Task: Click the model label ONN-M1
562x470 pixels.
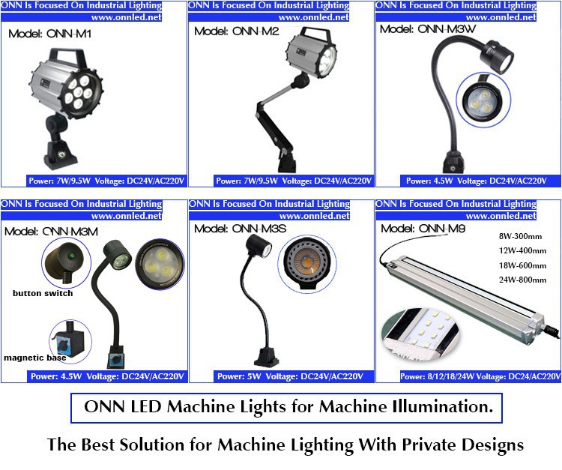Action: tap(49, 34)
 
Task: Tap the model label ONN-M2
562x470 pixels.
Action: tap(237, 31)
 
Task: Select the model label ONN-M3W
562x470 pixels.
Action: tap(428, 28)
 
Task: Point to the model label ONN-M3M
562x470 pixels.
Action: tap(51, 231)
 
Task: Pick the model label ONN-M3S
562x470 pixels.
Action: tap(240, 229)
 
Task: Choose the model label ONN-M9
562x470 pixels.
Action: tap(423, 229)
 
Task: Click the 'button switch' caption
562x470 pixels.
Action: tap(43, 293)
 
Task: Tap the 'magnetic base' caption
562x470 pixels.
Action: tap(34, 358)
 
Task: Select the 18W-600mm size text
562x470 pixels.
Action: tap(522, 265)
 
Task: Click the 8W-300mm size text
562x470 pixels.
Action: tap(520, 236)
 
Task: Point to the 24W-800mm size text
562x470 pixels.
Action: tap(522, 280)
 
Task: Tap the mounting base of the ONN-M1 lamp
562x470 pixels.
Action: tap(61, 155)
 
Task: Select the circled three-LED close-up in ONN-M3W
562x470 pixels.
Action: tap(483, 100)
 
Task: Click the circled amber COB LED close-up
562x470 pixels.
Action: tap(307, 264)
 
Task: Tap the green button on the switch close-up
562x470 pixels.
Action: tap(72, 256)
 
